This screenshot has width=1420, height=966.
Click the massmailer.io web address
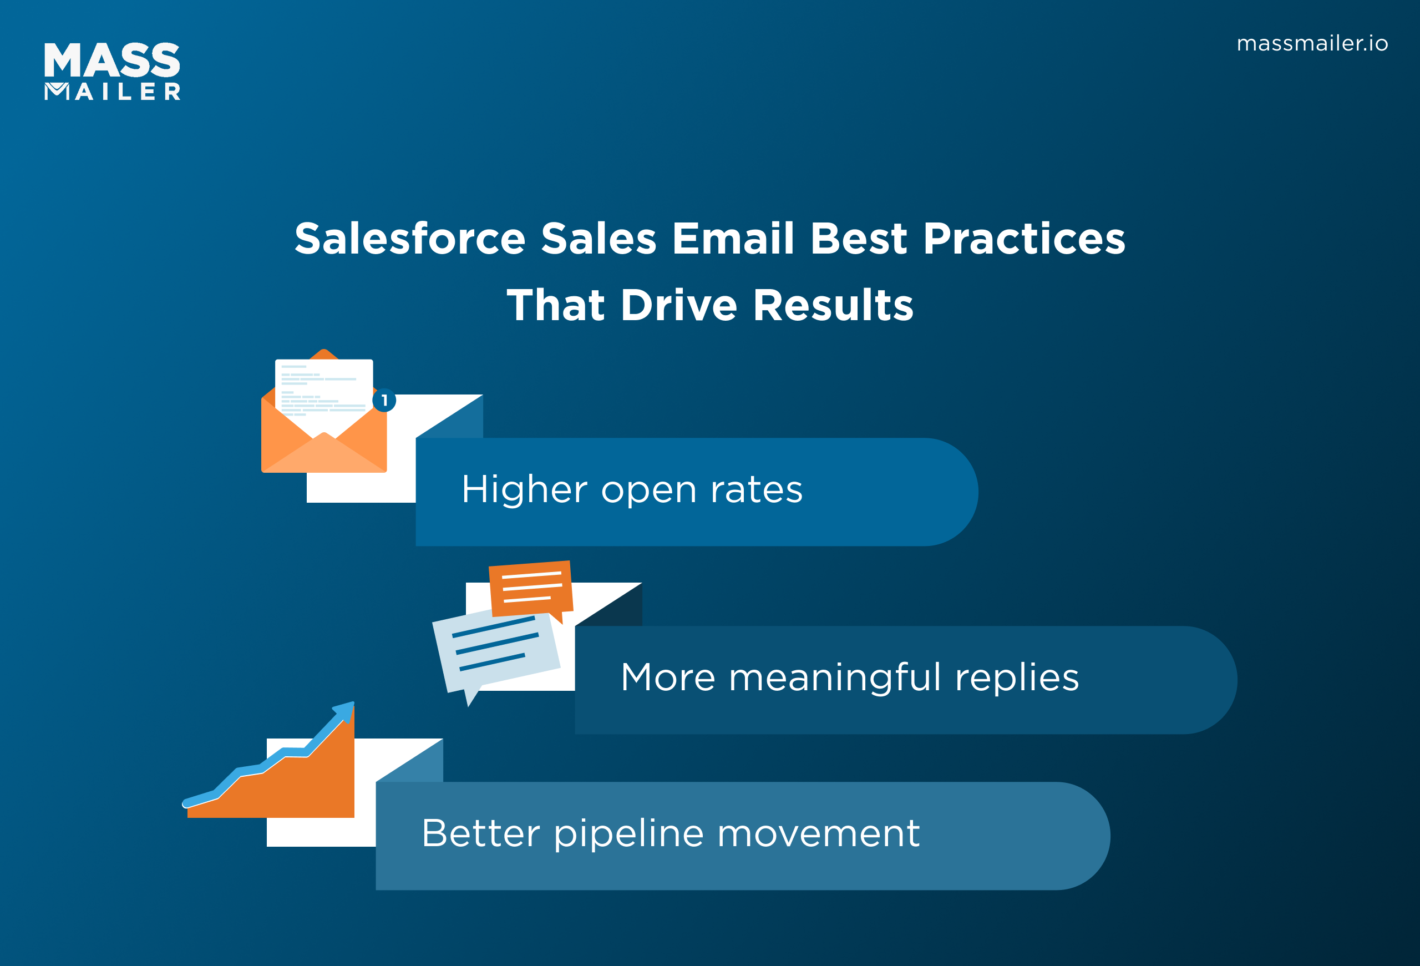click(x=1311, y=44)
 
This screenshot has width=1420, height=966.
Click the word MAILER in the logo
click(x=113, y=92)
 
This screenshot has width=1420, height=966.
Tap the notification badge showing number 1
click(x=384, y=401)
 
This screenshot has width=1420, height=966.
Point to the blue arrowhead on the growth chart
click(x=346, y=711)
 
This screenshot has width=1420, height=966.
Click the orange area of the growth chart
click(x=306, y=788)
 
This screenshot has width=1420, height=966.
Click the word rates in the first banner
click(x=756, y=490)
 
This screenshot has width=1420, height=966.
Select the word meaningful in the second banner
click(x=835, y=678)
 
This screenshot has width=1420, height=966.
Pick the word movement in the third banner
click(x=818, y=834)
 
